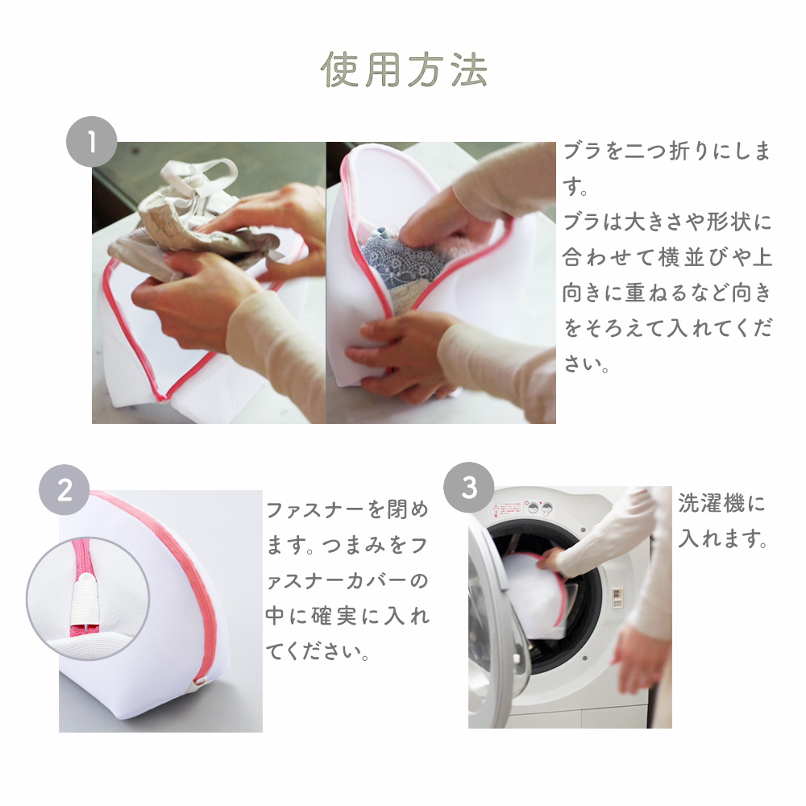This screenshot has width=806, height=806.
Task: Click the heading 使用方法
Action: [x=404, y=70]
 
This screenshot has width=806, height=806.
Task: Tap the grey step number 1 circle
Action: [x=92, y=141]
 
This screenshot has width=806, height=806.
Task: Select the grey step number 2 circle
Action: [x=64, y=489]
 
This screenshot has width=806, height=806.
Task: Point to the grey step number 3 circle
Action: [x=469, y=488]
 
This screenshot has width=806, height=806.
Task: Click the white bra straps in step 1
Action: [x=201, y=177]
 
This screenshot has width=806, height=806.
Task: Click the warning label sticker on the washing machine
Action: [x=508, y=509]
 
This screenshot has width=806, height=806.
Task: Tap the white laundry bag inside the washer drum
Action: [x=534, y=591]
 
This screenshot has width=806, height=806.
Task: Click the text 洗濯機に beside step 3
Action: [x=721, y=503]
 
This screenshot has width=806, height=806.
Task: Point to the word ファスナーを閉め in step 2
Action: [x=347, y=510]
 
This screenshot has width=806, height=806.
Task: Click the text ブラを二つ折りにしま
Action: [x=667, y=152]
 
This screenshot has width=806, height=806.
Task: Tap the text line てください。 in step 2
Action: [x=317, y=652]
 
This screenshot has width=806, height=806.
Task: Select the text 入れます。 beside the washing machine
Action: [x=723, y=538]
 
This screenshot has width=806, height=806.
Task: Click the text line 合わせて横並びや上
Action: [x=667, y=257]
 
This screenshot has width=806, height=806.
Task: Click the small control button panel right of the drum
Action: [x=617, y=596]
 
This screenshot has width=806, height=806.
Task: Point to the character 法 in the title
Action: [x=469, y=70]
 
